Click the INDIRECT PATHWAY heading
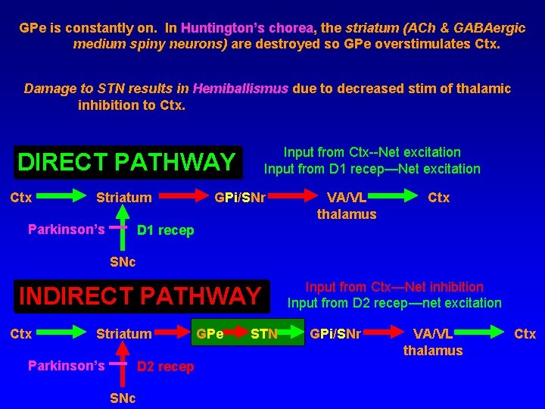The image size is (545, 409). coord(139,295)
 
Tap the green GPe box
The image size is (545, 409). coord(210,334)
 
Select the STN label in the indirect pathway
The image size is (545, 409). coord(264,334)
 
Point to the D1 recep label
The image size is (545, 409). coord(165,230)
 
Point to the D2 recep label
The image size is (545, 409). coord(165,367)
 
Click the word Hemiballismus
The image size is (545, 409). coord(240,89)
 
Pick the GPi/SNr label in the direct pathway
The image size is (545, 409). coord(239,198)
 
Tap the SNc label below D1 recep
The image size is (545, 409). coord(123,262)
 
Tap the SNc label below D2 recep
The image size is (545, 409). coord(123,398)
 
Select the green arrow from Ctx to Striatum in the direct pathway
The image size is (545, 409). coord(63,198)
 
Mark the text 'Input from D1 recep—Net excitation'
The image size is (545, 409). coord(372,169)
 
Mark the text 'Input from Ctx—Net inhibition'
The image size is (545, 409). coord(394,287)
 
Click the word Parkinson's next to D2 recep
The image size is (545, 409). coord(66,366)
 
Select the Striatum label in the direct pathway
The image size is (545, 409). coord(123,198)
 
